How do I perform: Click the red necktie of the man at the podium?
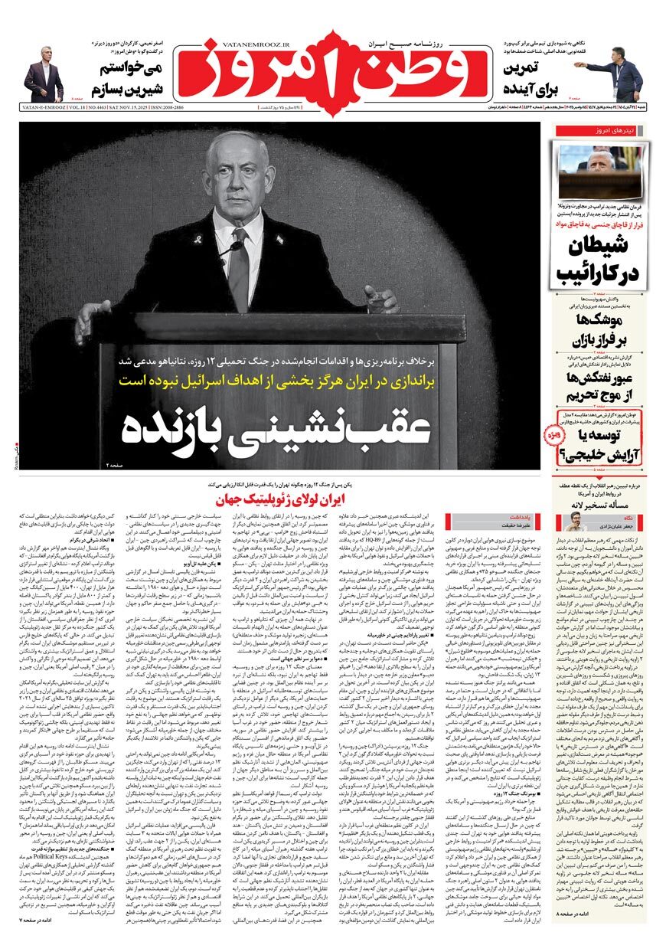tap(239, 268)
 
